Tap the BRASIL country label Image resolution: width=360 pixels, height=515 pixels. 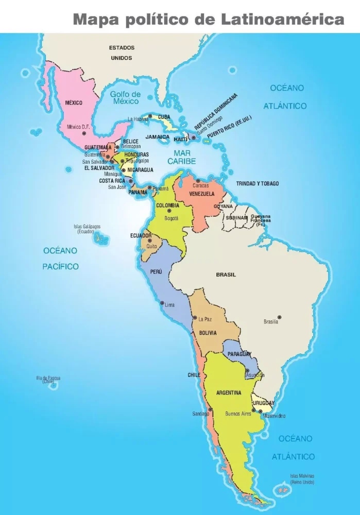pos(226,274)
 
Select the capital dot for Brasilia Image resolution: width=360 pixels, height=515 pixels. pos(280,317)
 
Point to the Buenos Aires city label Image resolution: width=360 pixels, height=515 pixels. pos(238,414)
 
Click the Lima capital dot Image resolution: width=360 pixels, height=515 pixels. pos(161,304)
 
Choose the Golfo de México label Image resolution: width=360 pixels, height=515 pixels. pos(126,98)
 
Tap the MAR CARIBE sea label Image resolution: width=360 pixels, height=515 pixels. pos(185,157)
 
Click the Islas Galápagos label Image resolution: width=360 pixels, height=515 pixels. pos(87,229)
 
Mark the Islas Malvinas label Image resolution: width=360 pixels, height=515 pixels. pos(302,479)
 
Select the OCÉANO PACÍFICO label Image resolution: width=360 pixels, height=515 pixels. pos(60,259)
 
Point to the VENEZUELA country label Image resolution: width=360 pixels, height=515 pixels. pos(202,194)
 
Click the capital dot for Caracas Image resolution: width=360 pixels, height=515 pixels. pos(198,181)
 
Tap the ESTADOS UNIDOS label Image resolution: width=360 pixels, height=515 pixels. pos(122,53)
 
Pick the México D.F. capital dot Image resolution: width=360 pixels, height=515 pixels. pos(84,133)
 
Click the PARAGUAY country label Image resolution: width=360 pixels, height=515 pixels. pos(239,354)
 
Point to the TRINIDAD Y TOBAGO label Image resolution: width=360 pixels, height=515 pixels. pos(258,183)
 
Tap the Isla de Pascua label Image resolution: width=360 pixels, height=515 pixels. pos(48,379)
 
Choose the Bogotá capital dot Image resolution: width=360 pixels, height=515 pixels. pos(169,211)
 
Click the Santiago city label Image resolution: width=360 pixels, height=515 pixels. pos(200,414)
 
